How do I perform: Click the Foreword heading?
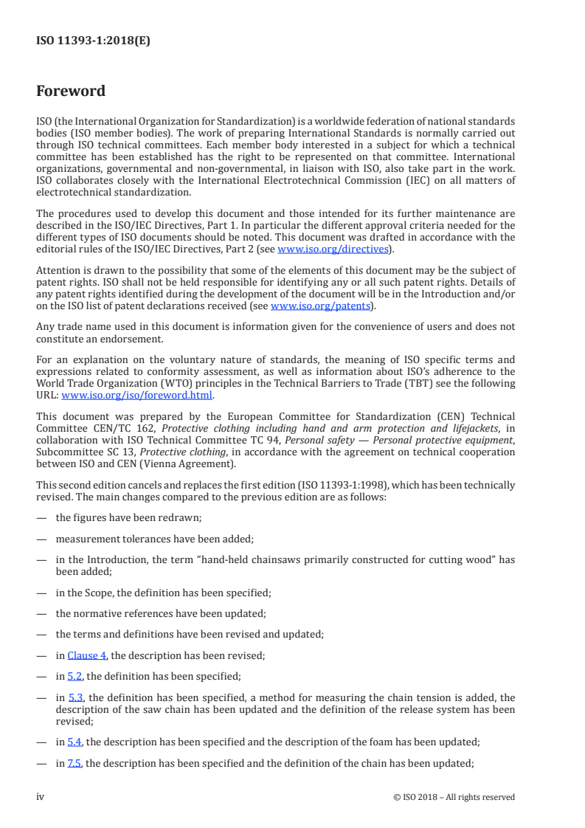coord(71,92)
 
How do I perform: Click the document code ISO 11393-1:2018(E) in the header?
coord(93,41)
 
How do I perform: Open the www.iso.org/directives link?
coord(332,249)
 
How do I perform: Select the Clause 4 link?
coord(86,655)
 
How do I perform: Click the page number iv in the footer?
coord(41,797)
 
